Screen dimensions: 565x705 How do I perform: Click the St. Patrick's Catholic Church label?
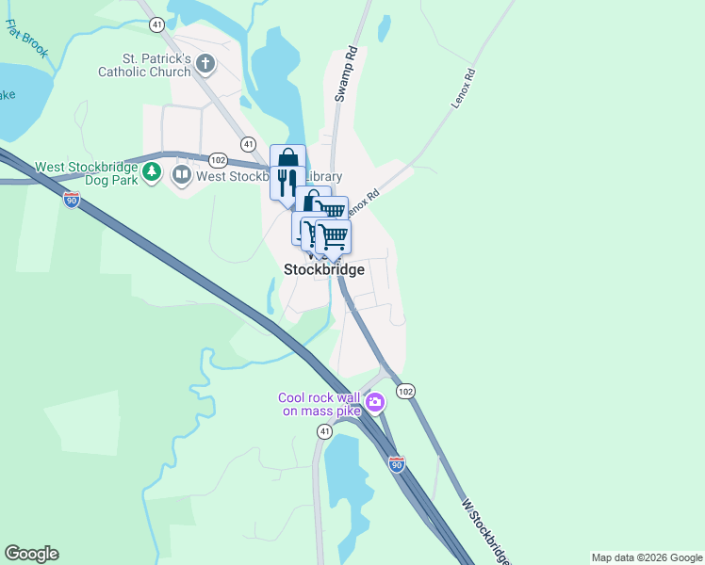[144, 65]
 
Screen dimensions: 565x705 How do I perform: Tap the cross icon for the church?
[205, 64]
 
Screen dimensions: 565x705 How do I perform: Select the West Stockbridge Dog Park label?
[85, 173]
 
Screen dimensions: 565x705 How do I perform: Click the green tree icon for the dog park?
[153, 173]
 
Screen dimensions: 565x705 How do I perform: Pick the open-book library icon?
[180, 174]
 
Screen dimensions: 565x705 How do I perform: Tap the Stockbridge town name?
[323, 269]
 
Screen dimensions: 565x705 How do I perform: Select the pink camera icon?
[376, 403]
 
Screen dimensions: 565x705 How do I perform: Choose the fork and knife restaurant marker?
[287, 182]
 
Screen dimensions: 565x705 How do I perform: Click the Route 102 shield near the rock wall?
[405, 391]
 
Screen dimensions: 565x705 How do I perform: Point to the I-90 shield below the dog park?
[72, 199]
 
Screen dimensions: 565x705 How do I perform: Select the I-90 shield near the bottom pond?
[397, 464]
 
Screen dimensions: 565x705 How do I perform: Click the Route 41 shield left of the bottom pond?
[324, 431]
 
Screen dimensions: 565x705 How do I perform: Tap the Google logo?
[31, 554]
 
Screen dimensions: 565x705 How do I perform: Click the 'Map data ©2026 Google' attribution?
[647, 557]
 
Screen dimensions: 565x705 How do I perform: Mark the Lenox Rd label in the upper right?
[463, 87]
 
